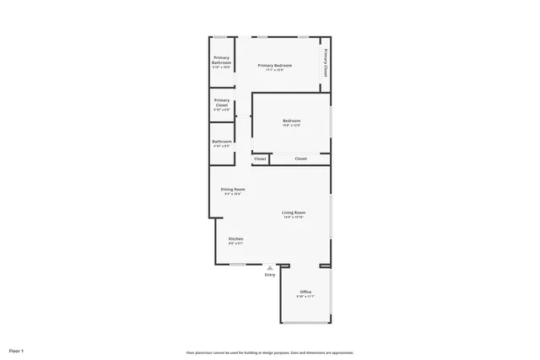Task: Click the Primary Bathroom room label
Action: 221,60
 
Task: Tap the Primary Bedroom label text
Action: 275,66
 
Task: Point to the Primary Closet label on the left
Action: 221,102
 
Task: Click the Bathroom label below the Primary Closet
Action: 222,141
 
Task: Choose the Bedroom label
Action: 291,121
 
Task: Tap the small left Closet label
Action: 260,159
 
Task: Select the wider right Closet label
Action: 300,159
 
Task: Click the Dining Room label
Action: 233,190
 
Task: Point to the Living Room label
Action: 294,212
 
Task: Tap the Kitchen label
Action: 236,239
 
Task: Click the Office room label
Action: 305,293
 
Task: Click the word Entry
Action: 270,275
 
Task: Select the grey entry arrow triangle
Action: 270,268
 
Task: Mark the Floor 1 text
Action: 17,350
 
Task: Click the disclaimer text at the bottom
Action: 270,352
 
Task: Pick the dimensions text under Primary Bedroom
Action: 275,70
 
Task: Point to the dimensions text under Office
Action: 305,297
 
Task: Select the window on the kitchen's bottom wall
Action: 238,264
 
